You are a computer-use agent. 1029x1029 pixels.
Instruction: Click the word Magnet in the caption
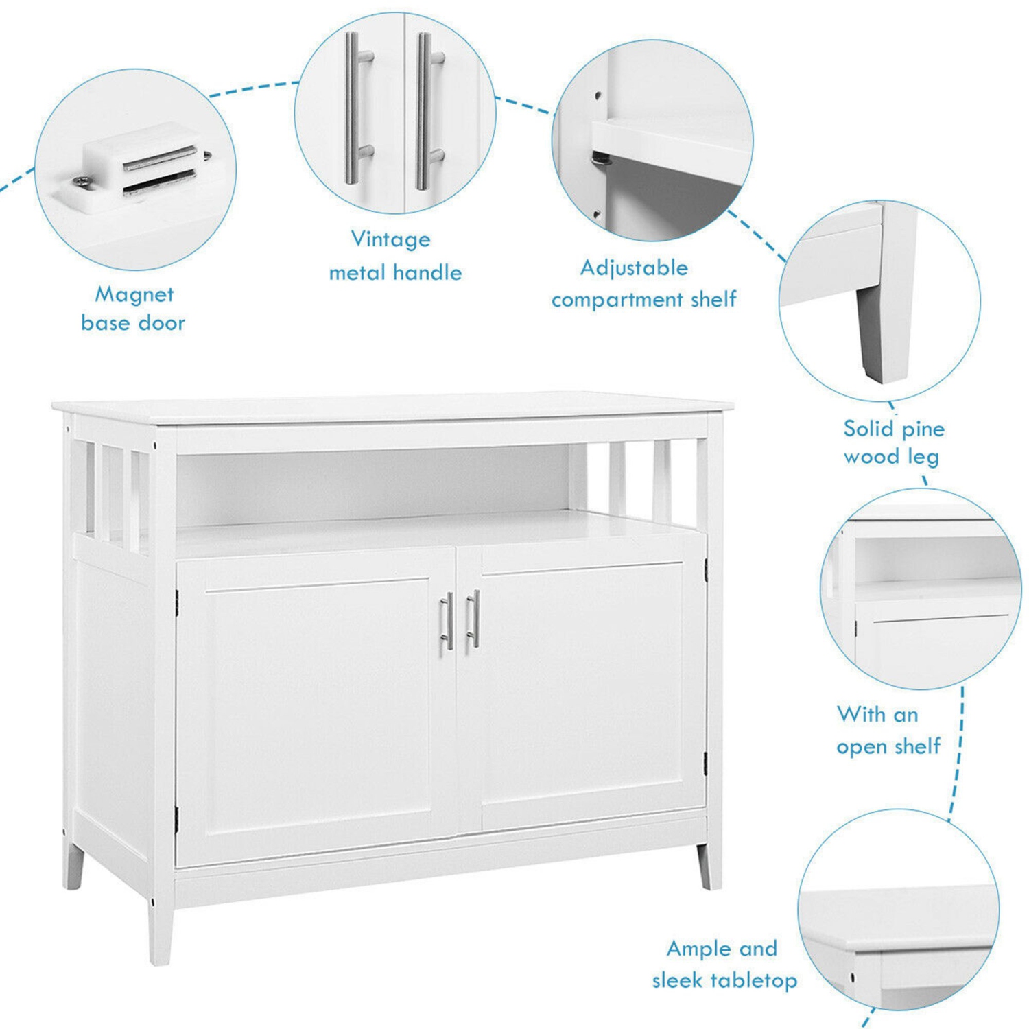(x=134, y=294)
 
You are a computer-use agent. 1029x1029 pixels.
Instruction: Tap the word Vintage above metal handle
(x=390, y=239)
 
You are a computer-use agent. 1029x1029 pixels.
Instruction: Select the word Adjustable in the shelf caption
(x=633, y=268)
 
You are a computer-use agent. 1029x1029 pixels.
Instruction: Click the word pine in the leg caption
(x=923, y=430)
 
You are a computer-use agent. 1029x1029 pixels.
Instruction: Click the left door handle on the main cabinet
(x=447, y=620)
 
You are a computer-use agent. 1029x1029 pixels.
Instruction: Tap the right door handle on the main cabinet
(x=473, y=618)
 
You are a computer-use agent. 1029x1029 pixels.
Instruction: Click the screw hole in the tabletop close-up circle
(x=853, y=976)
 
